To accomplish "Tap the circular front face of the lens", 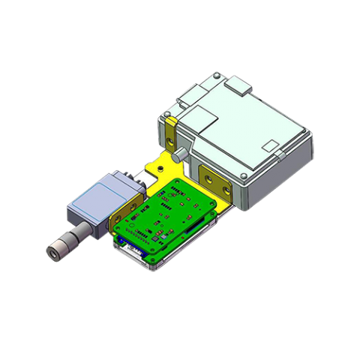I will tap(53, 253).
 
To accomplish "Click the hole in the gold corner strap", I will tap(172, 138).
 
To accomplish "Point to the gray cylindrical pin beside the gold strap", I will tap(181, 155).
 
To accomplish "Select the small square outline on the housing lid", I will tap(269, 144).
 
